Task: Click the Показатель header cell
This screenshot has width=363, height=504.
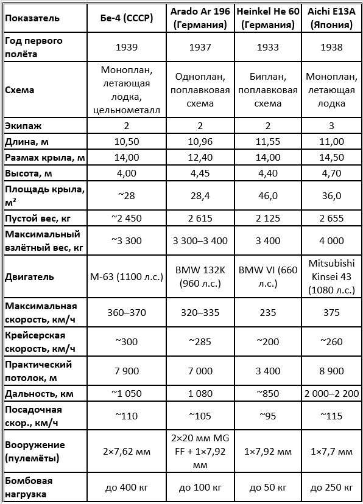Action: click(32, 18)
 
